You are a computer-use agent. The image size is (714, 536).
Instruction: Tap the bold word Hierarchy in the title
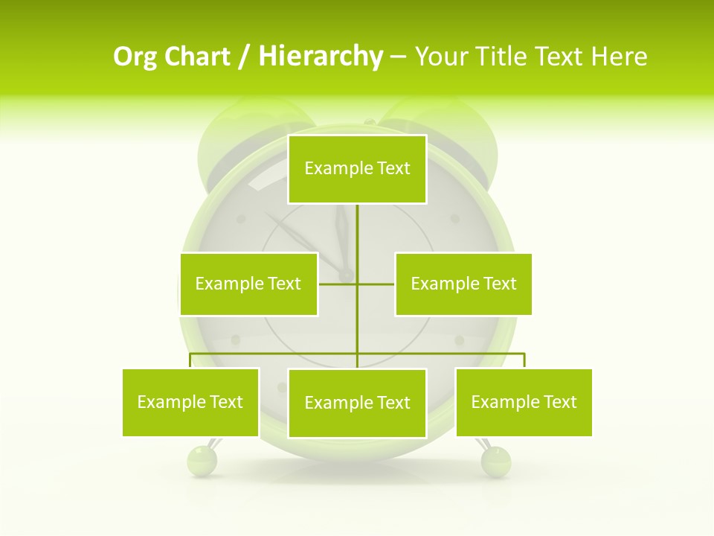[320, 57]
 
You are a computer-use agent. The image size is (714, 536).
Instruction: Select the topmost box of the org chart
[357, 169]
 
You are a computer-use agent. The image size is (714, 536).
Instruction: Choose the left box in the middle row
[248, 284]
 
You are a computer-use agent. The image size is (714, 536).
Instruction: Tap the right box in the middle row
[463, 284]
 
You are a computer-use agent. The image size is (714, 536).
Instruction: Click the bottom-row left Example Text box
[190, 402]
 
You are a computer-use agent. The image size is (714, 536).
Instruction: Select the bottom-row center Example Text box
[357, 403]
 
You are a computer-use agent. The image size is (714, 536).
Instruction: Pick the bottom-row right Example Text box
[524, 402]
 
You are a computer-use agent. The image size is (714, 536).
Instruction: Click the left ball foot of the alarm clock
[201, 461]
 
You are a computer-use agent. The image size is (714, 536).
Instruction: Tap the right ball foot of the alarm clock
[496, 461]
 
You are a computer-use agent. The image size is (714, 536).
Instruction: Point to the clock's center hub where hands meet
[347, 275]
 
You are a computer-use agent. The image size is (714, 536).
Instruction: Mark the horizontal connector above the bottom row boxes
[275, 354]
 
